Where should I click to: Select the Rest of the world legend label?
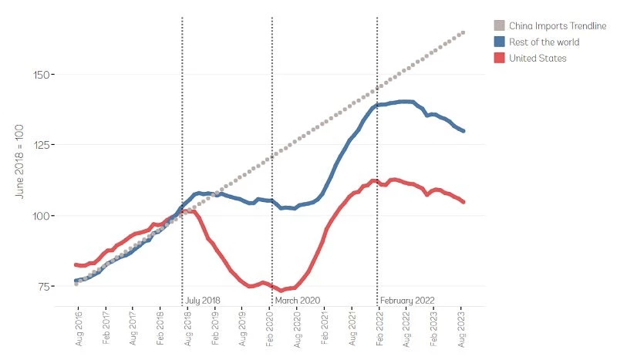(544, 42)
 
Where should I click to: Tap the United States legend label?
(538, 58)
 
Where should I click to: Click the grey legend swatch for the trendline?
(499, 25)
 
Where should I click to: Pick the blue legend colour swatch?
(499, 42)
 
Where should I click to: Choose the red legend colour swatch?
(499, 58)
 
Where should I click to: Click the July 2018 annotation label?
(203, 300)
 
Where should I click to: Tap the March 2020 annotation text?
(297, 300)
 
